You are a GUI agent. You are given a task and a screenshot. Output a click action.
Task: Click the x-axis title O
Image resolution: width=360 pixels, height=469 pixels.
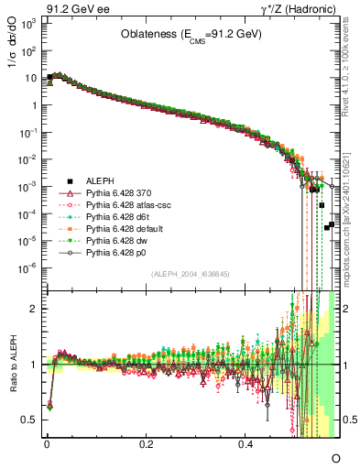coord(335,456)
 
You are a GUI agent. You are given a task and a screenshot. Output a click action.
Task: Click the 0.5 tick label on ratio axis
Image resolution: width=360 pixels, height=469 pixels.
coord(31,420)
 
